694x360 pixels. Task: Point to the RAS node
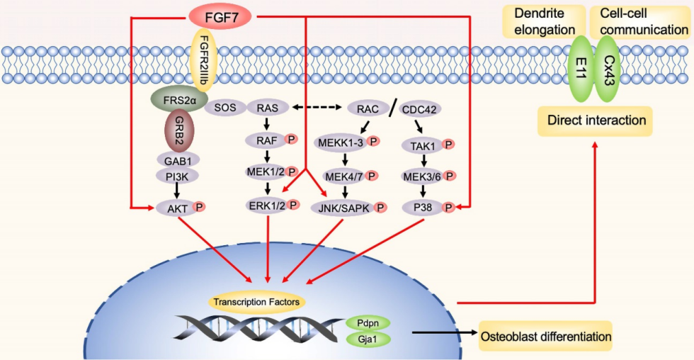[x=267, y=108]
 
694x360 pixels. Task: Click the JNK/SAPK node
[x=343, y=208]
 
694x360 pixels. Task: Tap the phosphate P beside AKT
[x=200, y=207]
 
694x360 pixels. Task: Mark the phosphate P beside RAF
[x=291, y=140]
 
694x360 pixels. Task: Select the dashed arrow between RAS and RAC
[x=319, y=108]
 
